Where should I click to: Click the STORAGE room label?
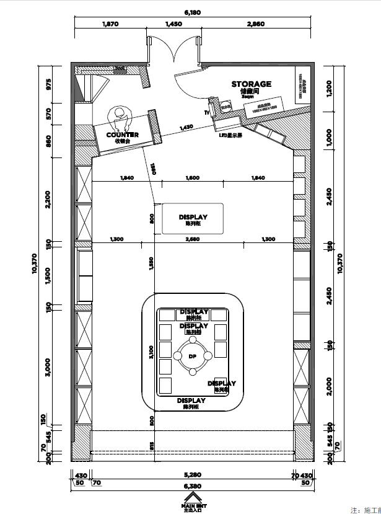tap(251, 84)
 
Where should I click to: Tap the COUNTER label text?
tap(122, 135)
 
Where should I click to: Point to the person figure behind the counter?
tap(118, 116)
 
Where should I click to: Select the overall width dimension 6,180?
tap(192, 12)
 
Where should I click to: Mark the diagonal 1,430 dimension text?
tap(186, 128)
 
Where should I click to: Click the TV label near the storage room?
tap(207, 113)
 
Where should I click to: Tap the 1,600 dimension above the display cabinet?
tap(192, 178)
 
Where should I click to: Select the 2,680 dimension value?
tap(192, 239)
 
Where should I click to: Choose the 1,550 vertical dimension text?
tap(151, 264)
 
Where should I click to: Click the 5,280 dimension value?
tap(192, 476)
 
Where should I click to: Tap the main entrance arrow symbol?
tap(192, 498)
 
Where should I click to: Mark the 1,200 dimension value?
tap(329, 89)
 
